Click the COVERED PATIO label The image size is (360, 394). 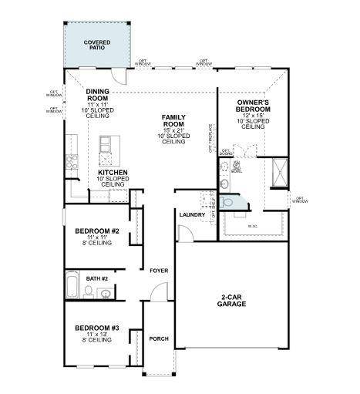(x=97, y=45)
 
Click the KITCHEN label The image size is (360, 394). (x=111, y=173)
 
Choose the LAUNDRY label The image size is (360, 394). (x=192, y=215)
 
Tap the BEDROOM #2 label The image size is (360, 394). (x=96, y=231)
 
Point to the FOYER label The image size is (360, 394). (x=159, y=271)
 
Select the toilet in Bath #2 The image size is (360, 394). (x=89, y=291)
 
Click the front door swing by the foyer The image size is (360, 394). (x=157, y=293)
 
